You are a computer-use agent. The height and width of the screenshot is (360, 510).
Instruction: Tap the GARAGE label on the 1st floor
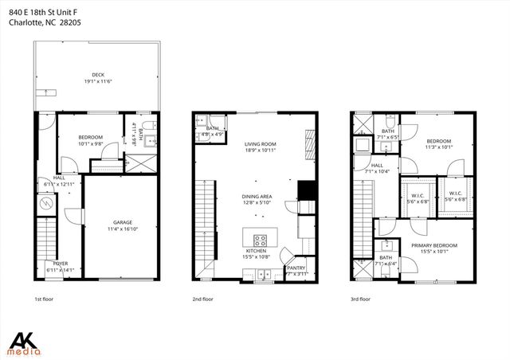[x=122, y=223]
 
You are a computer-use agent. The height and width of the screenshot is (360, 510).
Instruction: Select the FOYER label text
[x=61, y=263]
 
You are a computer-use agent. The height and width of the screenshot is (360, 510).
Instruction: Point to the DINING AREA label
[x=257, y=196]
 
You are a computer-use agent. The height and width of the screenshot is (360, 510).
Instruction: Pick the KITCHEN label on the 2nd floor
[x=257, y=251]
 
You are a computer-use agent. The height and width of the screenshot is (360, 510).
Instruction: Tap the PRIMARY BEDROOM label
[x=434, y=245]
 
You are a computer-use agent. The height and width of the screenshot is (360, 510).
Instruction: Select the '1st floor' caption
[x=44, y=299]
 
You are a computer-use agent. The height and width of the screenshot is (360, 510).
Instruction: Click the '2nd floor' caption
[x=202, y=299]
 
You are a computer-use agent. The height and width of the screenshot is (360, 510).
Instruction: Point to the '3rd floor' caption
[x=361, y=299]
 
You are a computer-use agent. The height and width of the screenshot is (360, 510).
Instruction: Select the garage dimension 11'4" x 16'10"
[x=122, y=229]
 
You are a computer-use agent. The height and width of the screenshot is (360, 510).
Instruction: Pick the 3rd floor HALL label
[x=376, y=165]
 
